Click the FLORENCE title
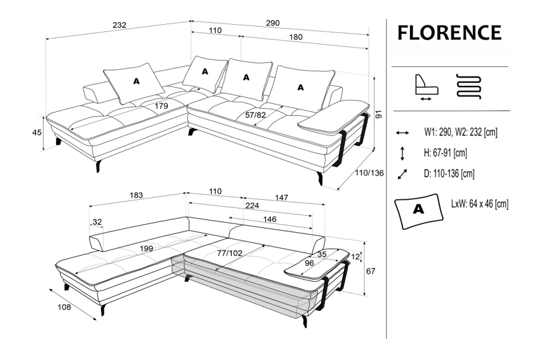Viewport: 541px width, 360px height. coord(449,32)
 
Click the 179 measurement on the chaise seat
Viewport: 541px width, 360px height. coord(161,106)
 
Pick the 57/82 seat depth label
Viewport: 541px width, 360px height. coord(255,115)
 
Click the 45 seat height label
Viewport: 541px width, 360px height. coord(36,132)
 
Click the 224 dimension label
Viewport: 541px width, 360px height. coord(252,205)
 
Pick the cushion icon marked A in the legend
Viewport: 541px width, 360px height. coord(418,209)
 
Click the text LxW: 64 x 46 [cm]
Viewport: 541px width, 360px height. coord(479,204)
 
